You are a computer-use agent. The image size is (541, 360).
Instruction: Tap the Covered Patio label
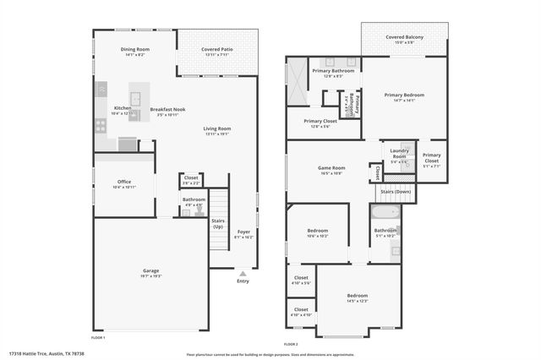217,50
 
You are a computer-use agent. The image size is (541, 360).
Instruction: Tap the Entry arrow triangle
243,274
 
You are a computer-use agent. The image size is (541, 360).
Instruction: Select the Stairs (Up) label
218,224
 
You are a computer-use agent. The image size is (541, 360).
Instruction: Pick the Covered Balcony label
404,37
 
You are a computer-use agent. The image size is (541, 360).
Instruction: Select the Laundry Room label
399,154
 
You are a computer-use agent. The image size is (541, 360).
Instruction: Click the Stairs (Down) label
396,192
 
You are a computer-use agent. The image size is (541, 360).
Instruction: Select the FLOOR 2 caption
292,344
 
